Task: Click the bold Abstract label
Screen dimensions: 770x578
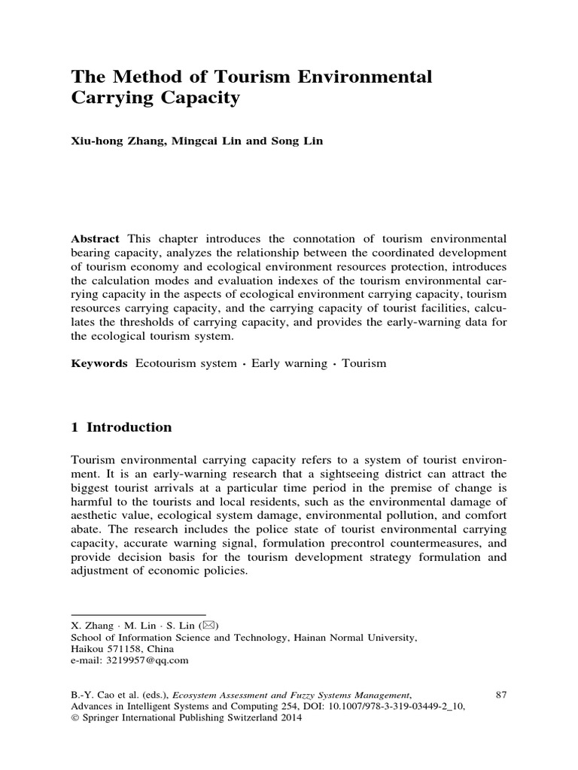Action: [94, 238]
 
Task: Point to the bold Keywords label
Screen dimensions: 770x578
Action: [99, 363]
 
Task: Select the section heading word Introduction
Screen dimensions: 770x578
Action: [129, 428]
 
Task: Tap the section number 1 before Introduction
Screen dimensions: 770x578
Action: [75, 428]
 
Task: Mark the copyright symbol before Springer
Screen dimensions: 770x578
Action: [75, 718]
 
